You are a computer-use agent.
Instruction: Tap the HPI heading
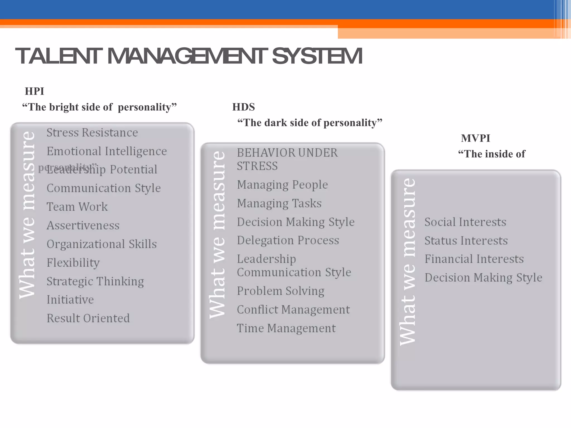(x=34, y=91)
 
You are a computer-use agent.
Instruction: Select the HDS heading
(x=243, y=107)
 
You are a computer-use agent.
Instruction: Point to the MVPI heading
(x=475, y=138)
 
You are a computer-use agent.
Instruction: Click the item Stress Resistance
(x=92, y=133)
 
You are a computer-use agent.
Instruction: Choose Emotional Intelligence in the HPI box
(x=107, y=151)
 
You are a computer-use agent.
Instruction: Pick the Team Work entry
(x=77, y=207)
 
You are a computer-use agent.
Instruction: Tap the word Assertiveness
(x=83, y=225)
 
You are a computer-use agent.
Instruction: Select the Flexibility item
(x=73, y=262)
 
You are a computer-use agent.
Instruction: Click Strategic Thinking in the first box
(x=95, y=281)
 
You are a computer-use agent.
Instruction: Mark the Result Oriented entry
(x=88, y=318)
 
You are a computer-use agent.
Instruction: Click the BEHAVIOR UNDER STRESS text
(x=287, y=159)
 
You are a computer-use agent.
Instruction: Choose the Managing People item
(x=282, y=185)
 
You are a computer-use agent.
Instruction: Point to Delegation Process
(x=288, y=240)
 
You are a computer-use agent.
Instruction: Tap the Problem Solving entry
(x=280, y=291)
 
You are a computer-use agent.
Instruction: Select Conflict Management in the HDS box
(x=293, y=310)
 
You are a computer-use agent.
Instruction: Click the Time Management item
(x=286, y=328)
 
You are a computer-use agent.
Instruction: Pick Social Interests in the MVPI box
(x=465, y=222)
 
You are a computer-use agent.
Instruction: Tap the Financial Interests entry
(x=474, y=259)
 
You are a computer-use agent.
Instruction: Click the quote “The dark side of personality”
(x=309, y=123)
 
